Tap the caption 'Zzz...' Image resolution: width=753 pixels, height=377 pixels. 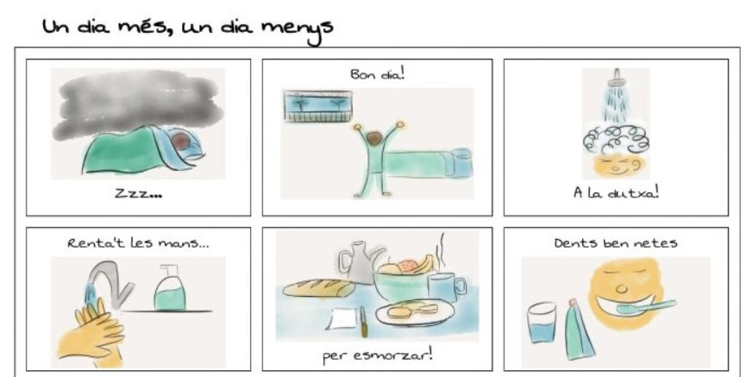[138, 193]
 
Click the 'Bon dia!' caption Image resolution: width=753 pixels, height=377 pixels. [378, 74]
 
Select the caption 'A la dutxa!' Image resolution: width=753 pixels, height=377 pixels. [616, 192]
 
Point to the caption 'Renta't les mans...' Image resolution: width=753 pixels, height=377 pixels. [138, 242]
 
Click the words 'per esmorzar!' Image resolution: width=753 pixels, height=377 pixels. [378, 356]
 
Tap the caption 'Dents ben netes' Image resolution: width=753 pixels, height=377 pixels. [616, 242]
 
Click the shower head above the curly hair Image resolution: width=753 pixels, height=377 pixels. [616, 79]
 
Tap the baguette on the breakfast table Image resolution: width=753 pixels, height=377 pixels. [319, 288]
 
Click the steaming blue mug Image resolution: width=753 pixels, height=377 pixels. [447, 287]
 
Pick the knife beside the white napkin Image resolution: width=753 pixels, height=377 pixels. [363, 321]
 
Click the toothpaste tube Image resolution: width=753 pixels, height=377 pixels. [578, 330]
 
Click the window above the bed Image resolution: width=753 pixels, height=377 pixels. [318, 106]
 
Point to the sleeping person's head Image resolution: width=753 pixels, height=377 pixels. [181, 142]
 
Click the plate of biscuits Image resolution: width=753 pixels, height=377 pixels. [416, 312]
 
